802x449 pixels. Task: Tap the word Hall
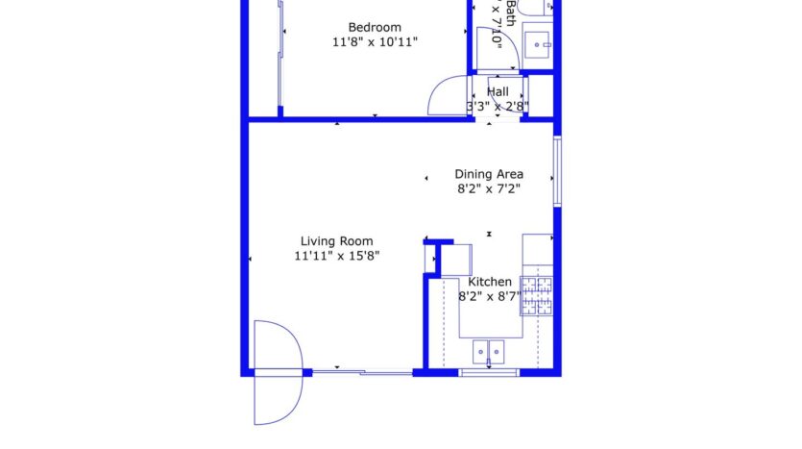pos(498,91)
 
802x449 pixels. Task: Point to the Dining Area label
pos(489,174)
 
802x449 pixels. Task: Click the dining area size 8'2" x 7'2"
pos(489,189)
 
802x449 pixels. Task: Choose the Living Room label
pos(337,241)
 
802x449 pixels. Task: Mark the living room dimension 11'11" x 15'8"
pos(337,257)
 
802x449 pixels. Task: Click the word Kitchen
pos(490,282)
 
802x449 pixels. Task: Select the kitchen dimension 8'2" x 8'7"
pos(490,297)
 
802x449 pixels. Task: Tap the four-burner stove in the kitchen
pos(538,295)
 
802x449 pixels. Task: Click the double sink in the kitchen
pos(489,351)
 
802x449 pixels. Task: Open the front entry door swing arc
pos(277,372)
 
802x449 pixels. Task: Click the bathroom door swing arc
pos(494,48)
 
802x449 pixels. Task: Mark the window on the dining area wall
pos(557,171)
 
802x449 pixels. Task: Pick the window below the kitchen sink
pos(489,372)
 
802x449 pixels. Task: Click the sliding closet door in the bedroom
pos(280,58)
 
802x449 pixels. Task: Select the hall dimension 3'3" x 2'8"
pos(498,106)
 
